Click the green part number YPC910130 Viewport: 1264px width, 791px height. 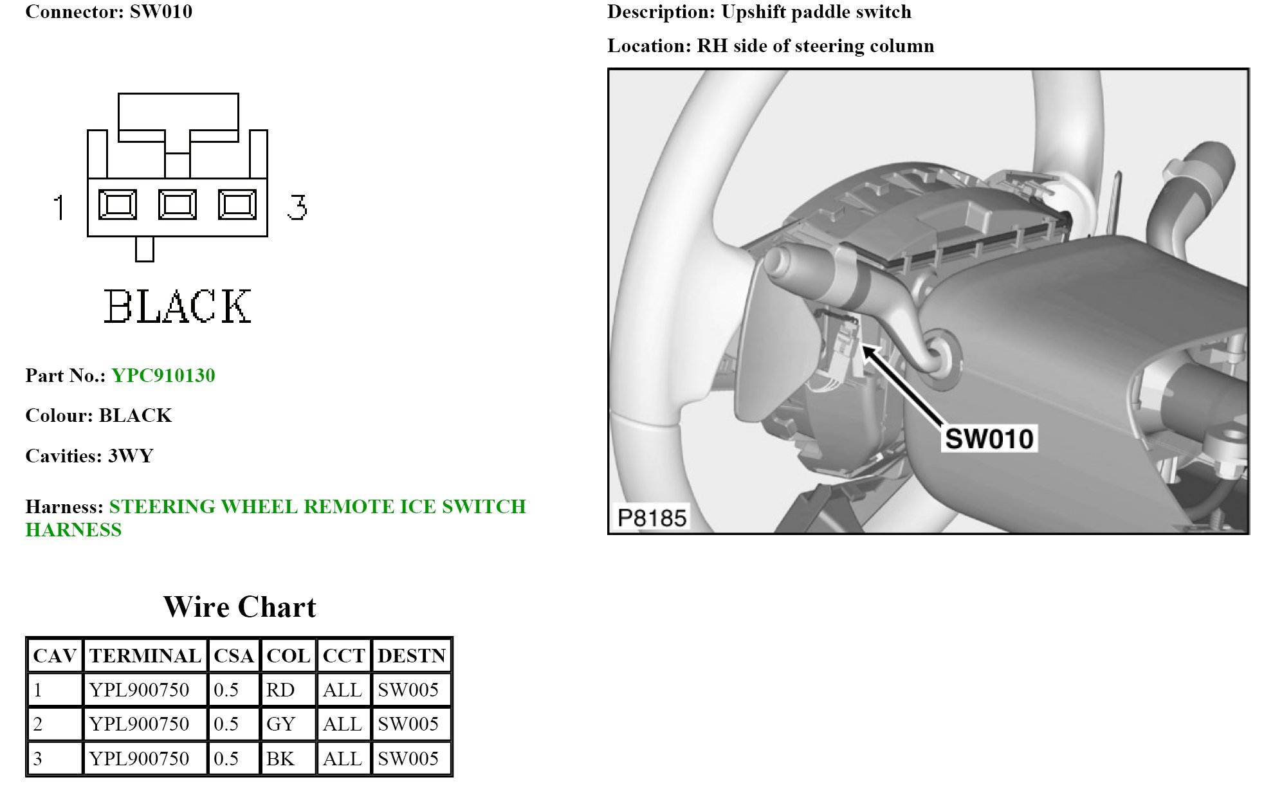pos(163,376)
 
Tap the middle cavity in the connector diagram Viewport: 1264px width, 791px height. pos(178,205)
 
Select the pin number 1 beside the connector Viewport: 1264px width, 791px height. pos(59,207)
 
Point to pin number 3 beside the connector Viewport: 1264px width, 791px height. pos(297,207)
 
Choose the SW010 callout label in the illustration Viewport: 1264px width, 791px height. pos(989,439)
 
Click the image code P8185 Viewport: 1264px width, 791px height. pos(652,518)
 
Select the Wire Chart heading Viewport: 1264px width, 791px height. pos(239,607)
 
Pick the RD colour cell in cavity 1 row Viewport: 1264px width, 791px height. pos(280,690)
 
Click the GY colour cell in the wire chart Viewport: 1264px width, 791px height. pos(280,724)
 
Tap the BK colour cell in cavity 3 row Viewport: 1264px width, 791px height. pos(280,759)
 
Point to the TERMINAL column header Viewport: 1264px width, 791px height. pos(145,656)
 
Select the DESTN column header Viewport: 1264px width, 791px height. pos(411,656)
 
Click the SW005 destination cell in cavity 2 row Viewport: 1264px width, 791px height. pos(408,724)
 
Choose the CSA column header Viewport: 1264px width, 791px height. pos(234,656)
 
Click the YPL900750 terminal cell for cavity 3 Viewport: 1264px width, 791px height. pos(139,759)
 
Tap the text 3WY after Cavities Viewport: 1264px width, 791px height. pos(131,456)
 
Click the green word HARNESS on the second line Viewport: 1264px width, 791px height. pos(73,530)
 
